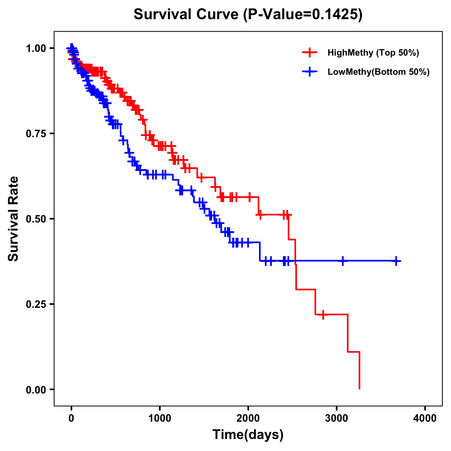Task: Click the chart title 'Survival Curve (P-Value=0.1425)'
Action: pyautogui.click(x=248, y=15)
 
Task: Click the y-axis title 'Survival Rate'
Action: pyautogui.click(x=14, y=218)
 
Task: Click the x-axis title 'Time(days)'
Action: pyautogui.click(x=248, y=434)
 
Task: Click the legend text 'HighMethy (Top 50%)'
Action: pyautogui.click(x=373, y=53)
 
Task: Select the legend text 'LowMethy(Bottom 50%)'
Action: pyautogui.click(x=378, y=72)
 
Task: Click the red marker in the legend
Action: pyautogui.click(x=310, y=53)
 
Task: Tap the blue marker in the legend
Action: pyautogui.click(x=310, y=72)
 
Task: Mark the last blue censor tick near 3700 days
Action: pyautogui.click(x=396, y=261)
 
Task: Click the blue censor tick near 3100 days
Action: pyautogui.click(x=343, y=261)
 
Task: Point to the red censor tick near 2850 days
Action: pyautogui.click(x=322, y=314)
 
